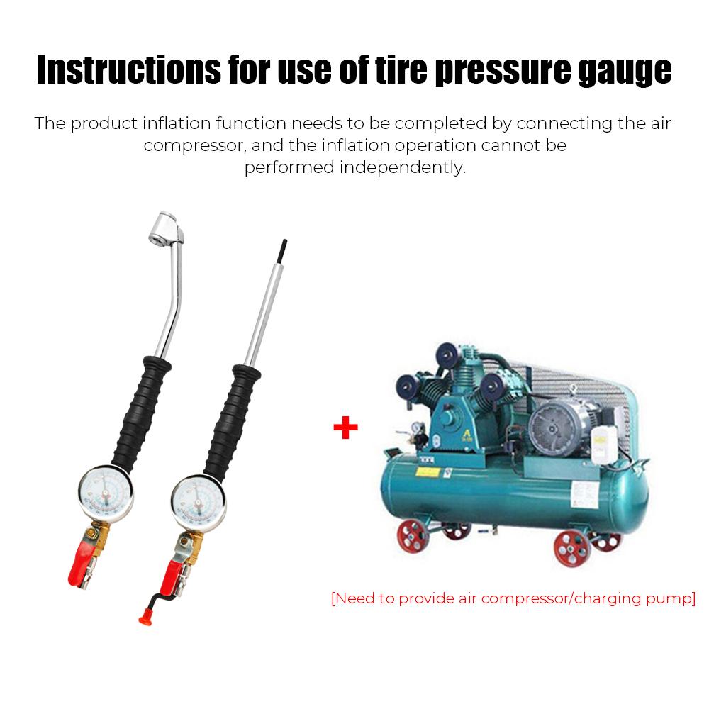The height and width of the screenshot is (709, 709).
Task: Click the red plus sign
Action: (345, 428)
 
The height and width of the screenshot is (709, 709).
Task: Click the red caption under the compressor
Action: (513, 598)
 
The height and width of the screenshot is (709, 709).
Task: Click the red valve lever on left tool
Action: (77, 565)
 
